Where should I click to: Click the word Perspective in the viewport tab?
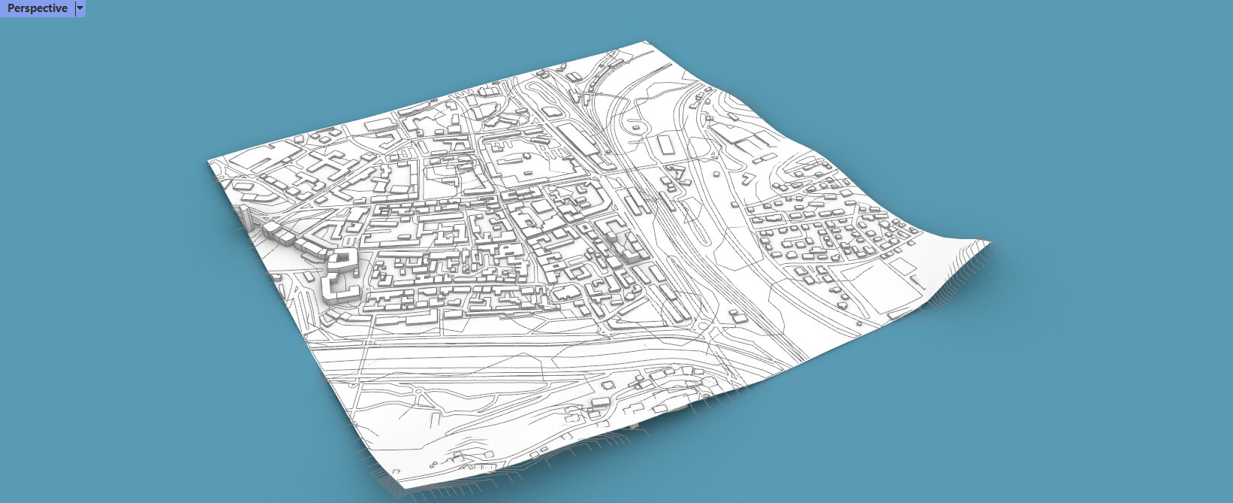(37, 8)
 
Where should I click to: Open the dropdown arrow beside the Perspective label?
(80, 8)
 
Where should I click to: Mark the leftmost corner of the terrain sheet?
(209, 161)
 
